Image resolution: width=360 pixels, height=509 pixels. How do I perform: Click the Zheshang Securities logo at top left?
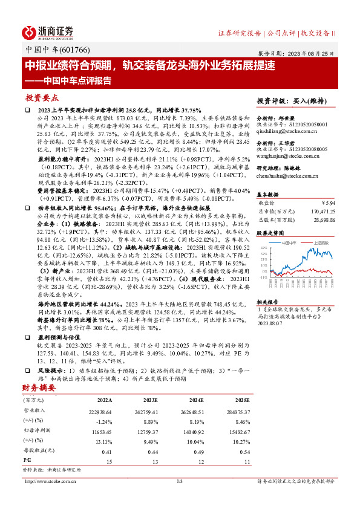[48, 31]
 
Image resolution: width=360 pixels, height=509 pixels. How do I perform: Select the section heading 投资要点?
[42, 97]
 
